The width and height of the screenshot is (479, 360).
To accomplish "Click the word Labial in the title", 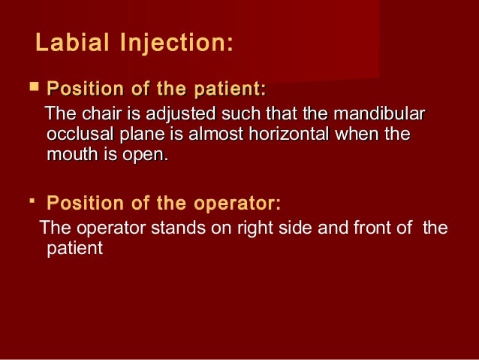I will pyautogui.click(x=71, y=43).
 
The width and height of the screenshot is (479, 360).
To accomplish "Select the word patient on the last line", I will pyautogui.click(x=74, y=247).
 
